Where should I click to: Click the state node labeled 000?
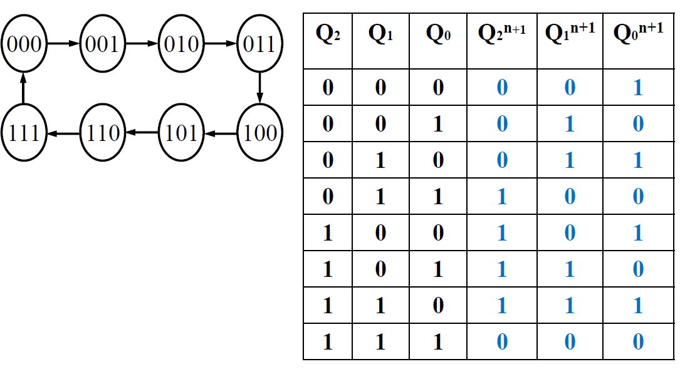click(24, 44)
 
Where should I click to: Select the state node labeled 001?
click(102, 44)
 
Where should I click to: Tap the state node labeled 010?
click(181, 44)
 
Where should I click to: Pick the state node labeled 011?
click(259, 44)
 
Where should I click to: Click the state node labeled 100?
click(259, 133)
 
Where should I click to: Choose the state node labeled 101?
click(181, 133)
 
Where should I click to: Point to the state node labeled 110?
click(102, 133)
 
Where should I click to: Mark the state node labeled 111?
click(24, 133)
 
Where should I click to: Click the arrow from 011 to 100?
click(259, 88)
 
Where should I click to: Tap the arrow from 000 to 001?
click(63, 44)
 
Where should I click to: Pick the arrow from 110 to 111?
click(63, 133)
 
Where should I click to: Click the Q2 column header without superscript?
click(328, 35)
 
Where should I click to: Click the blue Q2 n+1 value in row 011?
click(501, 197)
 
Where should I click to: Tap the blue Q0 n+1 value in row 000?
click(638, 87)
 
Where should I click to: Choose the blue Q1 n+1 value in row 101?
click(569, 269)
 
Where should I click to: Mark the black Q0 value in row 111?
click(437, 342)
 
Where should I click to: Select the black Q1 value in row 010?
click(380, 160)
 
